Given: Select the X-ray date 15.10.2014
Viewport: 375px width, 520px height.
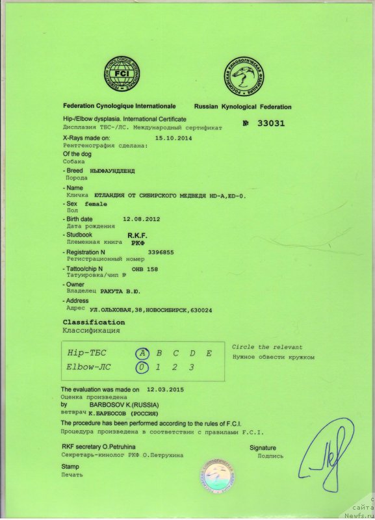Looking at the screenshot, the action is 174,138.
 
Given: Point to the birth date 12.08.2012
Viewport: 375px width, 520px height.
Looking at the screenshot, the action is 141,219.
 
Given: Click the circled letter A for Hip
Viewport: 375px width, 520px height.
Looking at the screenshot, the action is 141,354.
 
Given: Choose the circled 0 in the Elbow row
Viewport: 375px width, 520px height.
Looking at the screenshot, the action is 141,368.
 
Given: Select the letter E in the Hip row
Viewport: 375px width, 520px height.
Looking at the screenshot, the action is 209,354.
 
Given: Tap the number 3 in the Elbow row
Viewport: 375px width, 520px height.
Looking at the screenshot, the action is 191,368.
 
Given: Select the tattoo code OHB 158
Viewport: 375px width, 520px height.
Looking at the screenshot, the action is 144,268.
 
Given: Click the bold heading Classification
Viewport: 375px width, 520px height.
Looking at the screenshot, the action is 94,322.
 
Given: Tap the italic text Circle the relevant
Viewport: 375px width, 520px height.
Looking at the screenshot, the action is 267,347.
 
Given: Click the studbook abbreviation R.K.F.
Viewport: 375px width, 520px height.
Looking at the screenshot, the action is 138,235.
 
